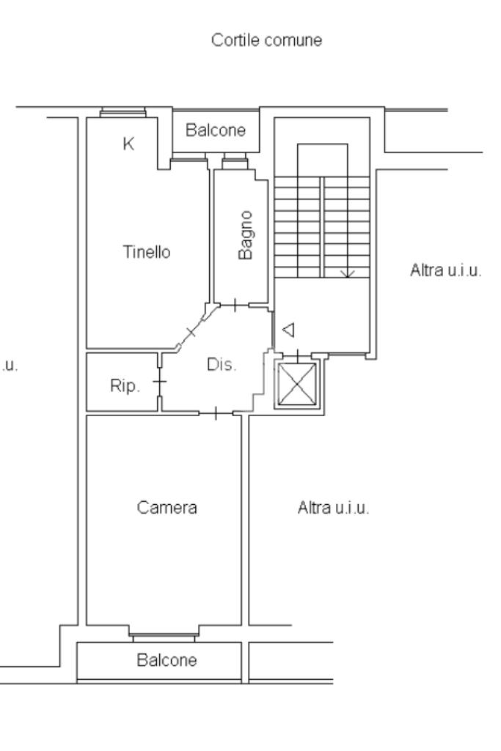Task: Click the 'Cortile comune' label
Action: point(266,41)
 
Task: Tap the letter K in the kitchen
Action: point(128,145)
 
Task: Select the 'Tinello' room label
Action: point(147,253)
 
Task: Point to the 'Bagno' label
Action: point(246,234)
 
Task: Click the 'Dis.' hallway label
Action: point(222,365)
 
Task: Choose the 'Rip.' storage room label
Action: point(124,387)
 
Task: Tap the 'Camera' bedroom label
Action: point(167,507)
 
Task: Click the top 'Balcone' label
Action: point(216,132)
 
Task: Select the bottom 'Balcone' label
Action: point(167,659)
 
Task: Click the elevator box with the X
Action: point(296,384)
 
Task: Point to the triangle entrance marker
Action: point(288,330)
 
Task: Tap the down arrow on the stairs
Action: point(348,273)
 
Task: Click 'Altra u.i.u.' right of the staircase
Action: point(446,271)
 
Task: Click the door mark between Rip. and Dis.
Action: point(159,382)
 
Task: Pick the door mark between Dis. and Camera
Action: point(216,414)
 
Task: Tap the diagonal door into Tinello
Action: point(192,333)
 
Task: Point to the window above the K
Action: point(123,113)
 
